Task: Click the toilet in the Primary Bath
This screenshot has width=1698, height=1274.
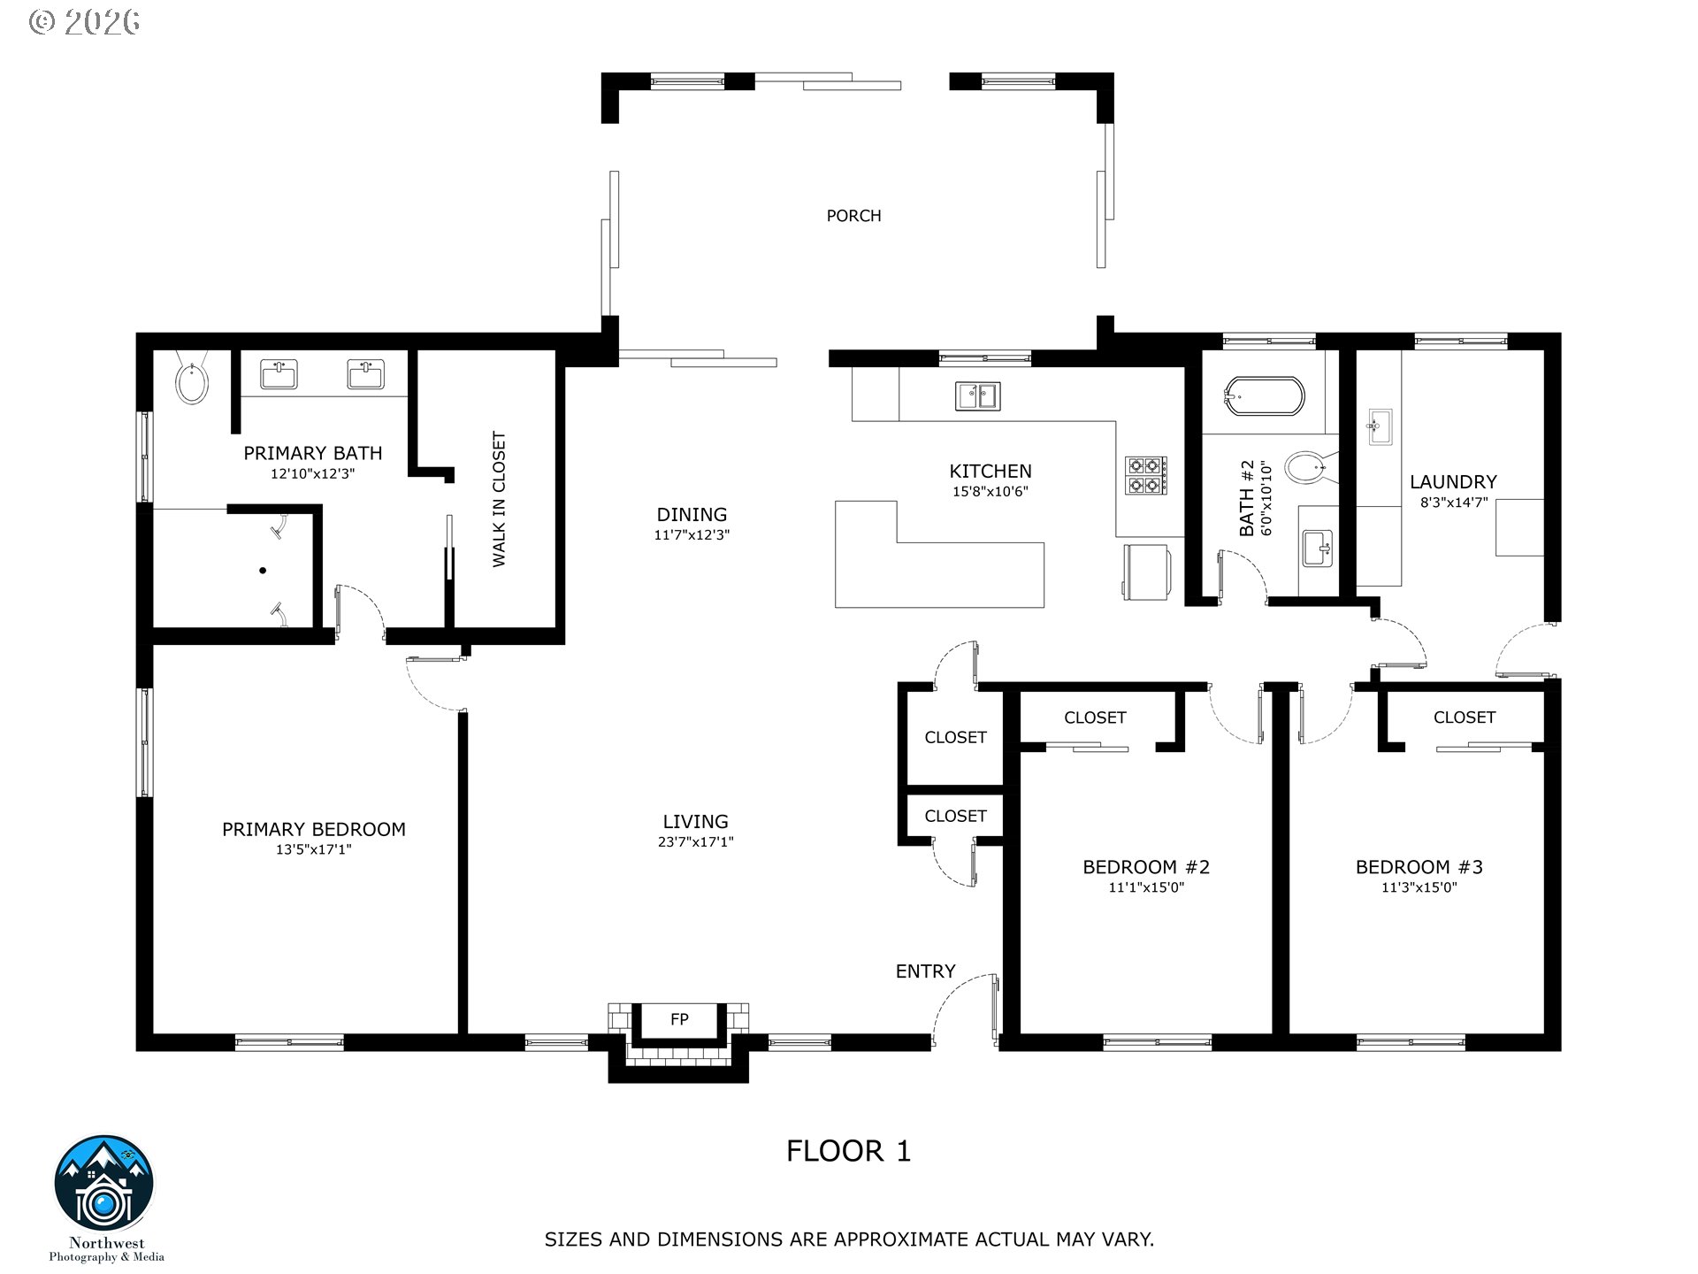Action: [x=192, y=380]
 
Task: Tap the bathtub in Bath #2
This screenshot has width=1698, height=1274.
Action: [x=1264, y=397]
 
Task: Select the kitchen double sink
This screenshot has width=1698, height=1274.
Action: [x=977, y=395]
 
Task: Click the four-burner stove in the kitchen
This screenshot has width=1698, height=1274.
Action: [x=1146, y=475]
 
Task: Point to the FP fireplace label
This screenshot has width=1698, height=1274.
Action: [x=679, y=1019]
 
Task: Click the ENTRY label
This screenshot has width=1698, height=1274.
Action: [x=925, y=971]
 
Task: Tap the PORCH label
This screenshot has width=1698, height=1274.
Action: [x=853, y=216]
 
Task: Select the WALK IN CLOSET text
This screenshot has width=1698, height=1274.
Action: [x=499, y=499]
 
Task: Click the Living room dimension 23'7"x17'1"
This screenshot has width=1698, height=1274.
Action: [x=695, y=842]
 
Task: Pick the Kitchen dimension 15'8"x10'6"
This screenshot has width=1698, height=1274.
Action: [x=990, y=492]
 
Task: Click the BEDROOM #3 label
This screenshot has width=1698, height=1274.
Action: [x=1419, y=867]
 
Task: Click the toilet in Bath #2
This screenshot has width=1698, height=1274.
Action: [x=1306, y=467]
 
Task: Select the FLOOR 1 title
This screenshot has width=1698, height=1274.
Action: [x=848, y=1151]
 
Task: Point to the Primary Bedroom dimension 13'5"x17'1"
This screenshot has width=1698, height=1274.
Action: [x=314, y=850]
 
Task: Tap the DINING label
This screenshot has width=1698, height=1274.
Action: [x=692, y=515]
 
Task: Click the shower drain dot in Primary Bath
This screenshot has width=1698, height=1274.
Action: [x=263, y=571]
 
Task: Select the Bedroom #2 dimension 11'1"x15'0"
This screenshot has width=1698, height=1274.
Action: [x=1146, y=887]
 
